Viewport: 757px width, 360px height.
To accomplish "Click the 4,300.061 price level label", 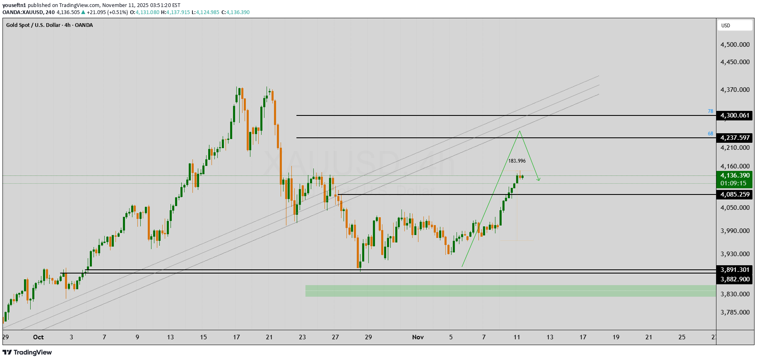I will coord(735,115).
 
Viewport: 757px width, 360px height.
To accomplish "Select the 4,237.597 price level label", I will coord(735,138).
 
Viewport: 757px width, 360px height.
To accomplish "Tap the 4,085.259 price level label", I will coord(735,194).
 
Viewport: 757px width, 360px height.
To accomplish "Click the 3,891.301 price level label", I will coord(735,270).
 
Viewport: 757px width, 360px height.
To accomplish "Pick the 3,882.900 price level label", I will coord(735,279).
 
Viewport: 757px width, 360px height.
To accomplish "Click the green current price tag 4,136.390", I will coord(735,175).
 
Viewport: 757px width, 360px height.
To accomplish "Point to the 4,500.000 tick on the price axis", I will coord(735,45).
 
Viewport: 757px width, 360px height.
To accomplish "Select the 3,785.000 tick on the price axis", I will coord(735,312).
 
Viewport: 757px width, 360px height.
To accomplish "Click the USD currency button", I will coord(735,26).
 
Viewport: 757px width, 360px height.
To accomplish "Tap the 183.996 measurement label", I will coord(517,161).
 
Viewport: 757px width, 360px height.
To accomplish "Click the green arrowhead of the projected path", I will coord(538,179).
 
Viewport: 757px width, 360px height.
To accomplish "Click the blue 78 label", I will coord(710,111).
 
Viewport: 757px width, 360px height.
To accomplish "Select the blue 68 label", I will coord(710,134).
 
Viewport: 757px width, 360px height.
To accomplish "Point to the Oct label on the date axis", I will coord(38,337).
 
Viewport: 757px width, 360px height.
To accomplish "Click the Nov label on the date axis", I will coord(418,337).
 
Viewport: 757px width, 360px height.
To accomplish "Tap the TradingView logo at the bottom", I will coord(27,353).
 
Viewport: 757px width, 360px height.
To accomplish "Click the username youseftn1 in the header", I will coord(14,5).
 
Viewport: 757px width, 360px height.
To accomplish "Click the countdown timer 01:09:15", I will coord(733,183).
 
